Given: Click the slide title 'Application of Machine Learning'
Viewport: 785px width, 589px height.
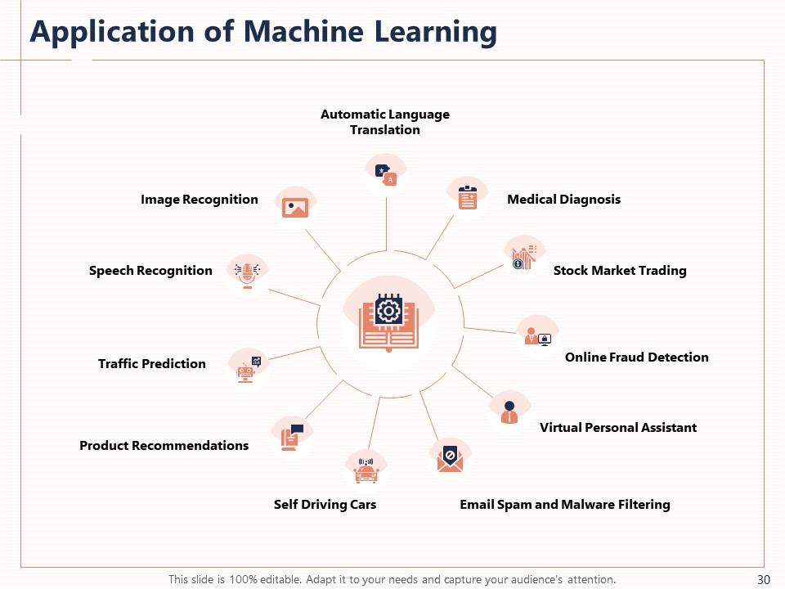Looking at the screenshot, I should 263,32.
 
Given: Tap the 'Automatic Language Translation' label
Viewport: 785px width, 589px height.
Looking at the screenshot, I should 384,122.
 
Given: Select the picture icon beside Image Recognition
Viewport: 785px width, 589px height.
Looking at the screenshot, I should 294,207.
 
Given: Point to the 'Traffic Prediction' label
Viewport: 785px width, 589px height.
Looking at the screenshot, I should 151,364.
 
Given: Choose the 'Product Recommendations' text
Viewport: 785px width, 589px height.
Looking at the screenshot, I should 164,446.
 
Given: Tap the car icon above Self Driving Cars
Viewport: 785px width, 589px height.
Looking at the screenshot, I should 366,470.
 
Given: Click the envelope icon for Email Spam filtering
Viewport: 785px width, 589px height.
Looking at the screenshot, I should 450,458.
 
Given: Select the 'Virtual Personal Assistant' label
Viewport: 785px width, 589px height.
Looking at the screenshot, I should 617,428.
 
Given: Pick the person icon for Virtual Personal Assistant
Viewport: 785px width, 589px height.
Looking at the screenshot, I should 509,411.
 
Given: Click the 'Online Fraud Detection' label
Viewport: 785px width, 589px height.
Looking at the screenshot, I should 636,357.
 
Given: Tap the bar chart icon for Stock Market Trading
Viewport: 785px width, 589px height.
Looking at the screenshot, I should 523,257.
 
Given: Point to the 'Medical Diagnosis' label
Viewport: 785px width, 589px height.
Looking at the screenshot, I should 563,200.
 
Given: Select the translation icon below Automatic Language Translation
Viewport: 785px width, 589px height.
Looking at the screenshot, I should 385,174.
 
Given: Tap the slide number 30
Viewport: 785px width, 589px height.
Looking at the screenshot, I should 764,579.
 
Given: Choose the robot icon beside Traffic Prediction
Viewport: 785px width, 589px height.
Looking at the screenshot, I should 247,370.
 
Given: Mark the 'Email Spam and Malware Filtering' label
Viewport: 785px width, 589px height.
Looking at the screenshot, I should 564,505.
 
